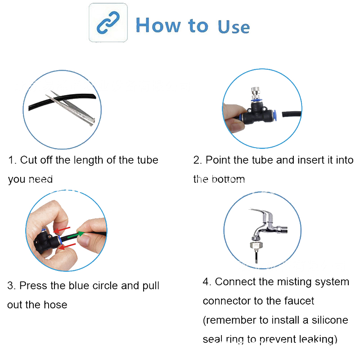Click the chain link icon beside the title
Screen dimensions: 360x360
pyautogui.click(x=108, y=22)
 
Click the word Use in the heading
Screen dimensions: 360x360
pyautogui.click(x=234, y=27)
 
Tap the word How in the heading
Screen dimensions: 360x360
pyautogui.click(x=158, y=25)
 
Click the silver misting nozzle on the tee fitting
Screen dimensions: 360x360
pyautogui.click(x=256, y=93)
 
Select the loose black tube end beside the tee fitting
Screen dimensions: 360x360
pyautogui.click(x=292, y=114)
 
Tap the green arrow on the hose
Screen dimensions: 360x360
pyautogui.click(x=76, y=235)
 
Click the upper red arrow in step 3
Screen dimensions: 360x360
pyautogui.click(x=62, y=230)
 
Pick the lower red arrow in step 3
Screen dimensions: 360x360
pyautogui.click(x=67, y=246)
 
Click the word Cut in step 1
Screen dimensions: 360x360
pyautogui.click(x=29, y=160)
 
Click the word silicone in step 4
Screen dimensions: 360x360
pyautogui.click(x=330, y=320)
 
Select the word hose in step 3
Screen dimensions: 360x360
pyautogui.click(x=55, y=305)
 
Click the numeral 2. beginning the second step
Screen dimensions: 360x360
pyautogui.click(x=198, y=160)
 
